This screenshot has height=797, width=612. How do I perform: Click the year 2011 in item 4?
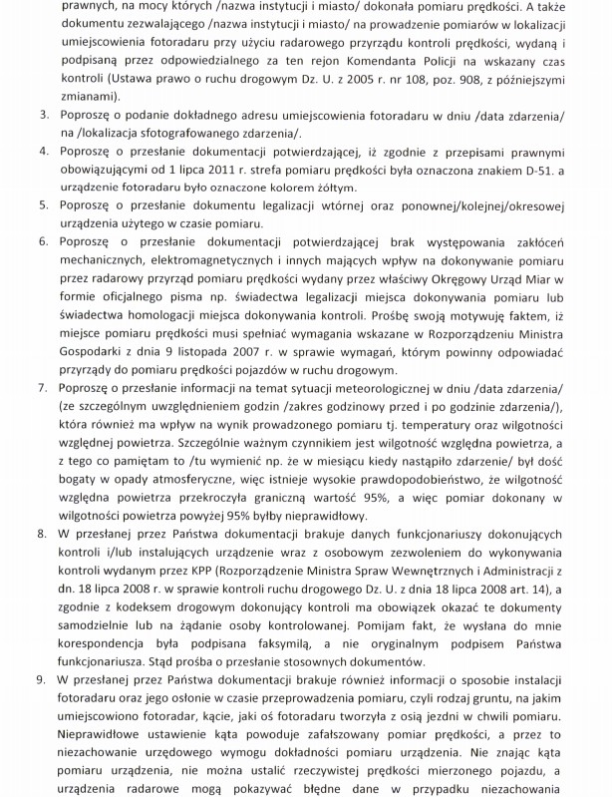coord(253,171)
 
